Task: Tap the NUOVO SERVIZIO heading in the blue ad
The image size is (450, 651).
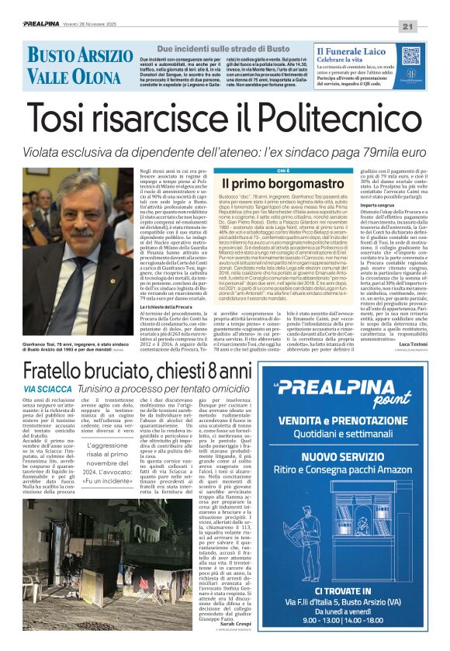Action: click(354, 458)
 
